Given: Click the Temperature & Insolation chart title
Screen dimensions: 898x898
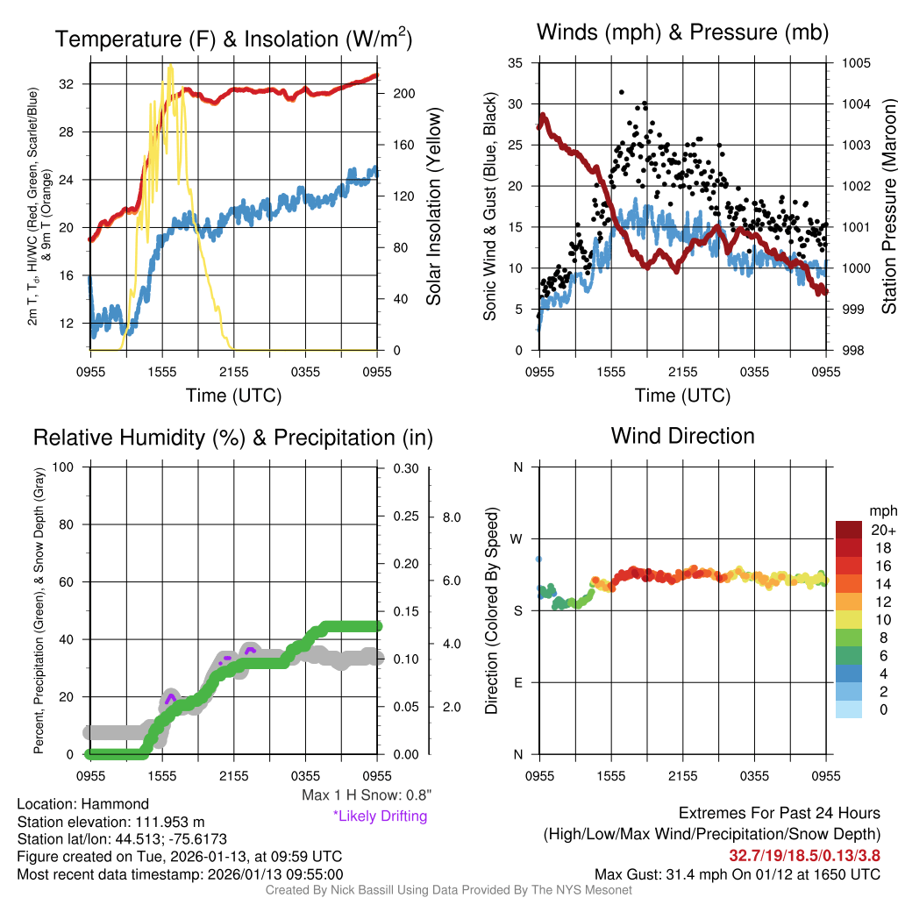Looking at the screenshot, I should point(233,39).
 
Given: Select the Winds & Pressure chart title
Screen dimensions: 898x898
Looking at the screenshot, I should point(682,33).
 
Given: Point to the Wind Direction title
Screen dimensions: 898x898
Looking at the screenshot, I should point(682,436).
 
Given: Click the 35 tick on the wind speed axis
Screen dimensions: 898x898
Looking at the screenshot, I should point(516,63).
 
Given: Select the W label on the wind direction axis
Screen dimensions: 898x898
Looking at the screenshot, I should point(517,539).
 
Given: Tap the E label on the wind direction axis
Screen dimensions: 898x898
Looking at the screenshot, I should point(517,682).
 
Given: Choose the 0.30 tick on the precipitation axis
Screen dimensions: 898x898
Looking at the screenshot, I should point(404,468).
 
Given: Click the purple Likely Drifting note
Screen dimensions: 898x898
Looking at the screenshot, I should point(380,816).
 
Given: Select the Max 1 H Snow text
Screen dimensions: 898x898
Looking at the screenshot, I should point(366,795).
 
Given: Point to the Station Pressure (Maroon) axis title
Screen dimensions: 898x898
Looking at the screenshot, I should point(887,207).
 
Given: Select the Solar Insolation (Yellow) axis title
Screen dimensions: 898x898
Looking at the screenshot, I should point(434,207).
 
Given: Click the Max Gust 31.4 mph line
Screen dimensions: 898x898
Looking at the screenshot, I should point(738,874).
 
